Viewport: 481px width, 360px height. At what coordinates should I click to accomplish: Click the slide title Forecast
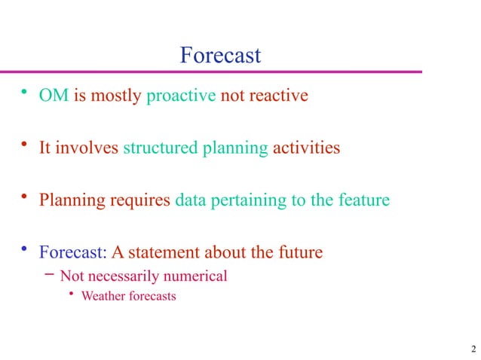220,55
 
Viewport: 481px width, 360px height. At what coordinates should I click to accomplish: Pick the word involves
87,148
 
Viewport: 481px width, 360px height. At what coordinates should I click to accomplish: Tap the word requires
140,201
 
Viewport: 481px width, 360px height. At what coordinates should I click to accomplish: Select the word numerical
195,276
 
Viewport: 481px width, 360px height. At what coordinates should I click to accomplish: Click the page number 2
472,348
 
